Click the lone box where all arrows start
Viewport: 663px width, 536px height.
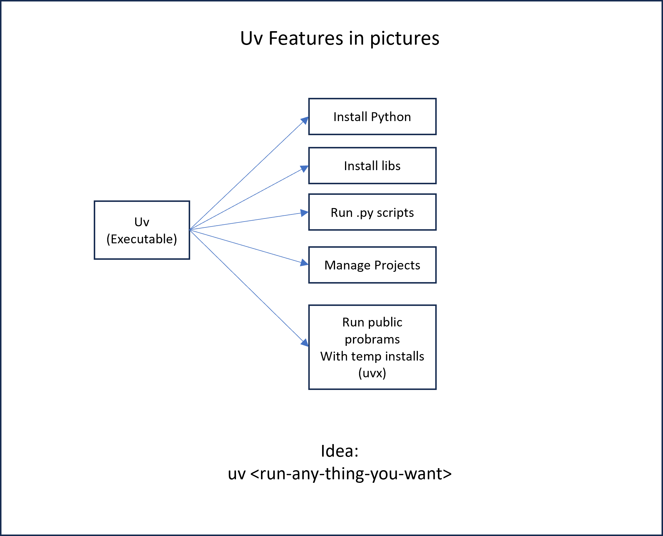(x=142, y=230)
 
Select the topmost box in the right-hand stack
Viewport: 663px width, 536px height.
(x=372, y=116)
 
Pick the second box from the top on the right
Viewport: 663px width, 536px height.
(x=372, y=165)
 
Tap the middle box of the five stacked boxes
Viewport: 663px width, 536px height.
(x=372, y=212)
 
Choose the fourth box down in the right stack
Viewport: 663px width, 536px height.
(x=372, y=264)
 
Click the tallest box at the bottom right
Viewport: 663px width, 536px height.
(x=372, y=347)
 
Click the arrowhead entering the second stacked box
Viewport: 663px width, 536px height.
(x=305, y=169)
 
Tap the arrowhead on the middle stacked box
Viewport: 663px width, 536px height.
(x=304, y=213)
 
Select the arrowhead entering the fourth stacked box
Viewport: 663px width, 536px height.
(x=304, y=263)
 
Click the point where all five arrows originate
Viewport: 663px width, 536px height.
(x=190, y=230)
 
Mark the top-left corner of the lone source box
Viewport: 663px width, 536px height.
(x=95, y=201)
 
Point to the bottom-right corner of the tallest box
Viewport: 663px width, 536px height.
(x=436, y=389)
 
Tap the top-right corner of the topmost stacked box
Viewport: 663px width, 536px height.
(x=436, y=99)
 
